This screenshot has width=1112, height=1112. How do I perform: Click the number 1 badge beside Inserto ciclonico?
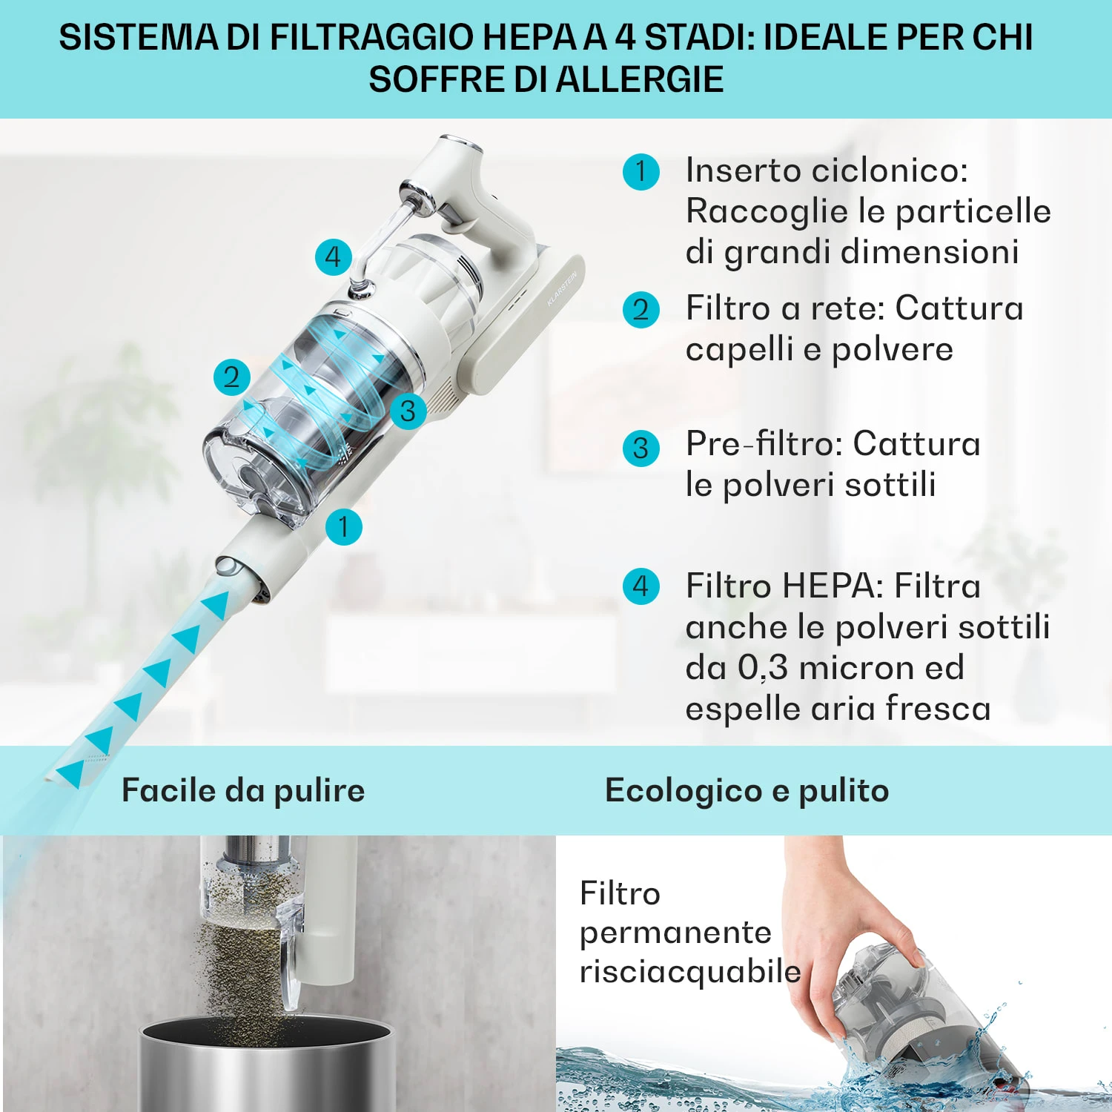[x=641, y=172]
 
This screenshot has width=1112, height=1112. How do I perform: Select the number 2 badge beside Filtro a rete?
[x=641, y=310]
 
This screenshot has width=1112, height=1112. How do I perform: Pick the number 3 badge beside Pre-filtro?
[x=641, y=449]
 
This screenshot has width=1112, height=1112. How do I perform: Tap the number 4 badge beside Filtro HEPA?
[x=641, y=586]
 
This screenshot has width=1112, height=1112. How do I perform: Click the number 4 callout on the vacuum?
[x=334, y=257]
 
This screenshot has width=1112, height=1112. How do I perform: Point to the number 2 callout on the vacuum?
[x=232, y=377]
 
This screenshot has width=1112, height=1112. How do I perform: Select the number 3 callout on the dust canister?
[x=408, y=411]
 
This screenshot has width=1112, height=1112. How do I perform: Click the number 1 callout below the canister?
[x=344, y=527]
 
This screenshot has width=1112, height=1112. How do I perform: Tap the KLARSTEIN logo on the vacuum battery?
[x=562, y=289]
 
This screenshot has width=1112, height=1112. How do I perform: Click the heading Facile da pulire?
[x=243, y=791]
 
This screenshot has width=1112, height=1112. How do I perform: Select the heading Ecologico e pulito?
[x=747, y=791]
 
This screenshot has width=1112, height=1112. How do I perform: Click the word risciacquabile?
[x=690, y=972]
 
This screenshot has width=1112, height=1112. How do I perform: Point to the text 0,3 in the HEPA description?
[x=763, y=668]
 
